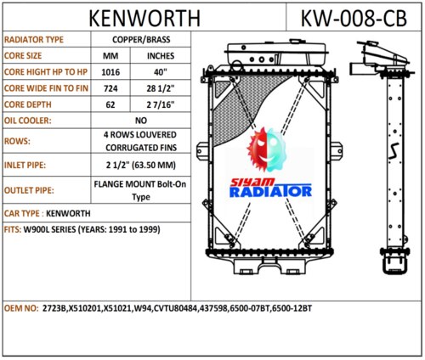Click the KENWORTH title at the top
pos(144,19)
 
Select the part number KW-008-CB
pos(354,19)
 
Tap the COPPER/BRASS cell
pos(141,39)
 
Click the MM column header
pos(110,56)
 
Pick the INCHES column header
pos(161,56)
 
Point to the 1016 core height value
pos(110,72)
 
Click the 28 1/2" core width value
pos(161,88)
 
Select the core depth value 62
pos(110,105)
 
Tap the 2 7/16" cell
pos(161,105)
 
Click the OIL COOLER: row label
pos(28,121)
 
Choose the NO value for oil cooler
pos(141,121)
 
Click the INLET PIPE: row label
pos(25,165)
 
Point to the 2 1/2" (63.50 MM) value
pos(141,165)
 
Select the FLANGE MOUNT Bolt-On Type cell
pos(140,190)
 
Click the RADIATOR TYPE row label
pos(34,40)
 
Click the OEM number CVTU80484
pos(175,308)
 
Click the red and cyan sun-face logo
pos(268,149)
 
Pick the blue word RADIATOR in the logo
pos(270,192)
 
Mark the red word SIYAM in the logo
pos(252,182)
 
